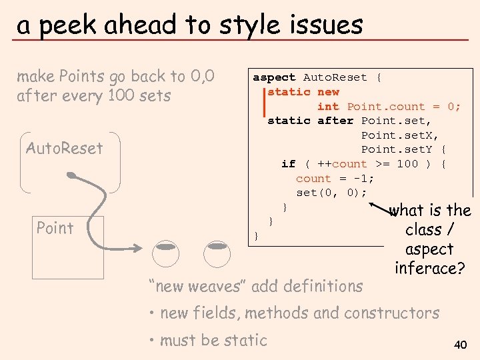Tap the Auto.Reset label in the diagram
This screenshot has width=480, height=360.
65,148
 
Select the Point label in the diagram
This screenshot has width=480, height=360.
55,228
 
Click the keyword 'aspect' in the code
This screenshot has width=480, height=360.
274,77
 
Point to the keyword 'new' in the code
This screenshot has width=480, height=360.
328,92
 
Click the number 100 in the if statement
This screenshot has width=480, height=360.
407,164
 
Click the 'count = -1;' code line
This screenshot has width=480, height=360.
335,179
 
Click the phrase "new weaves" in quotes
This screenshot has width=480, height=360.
197,286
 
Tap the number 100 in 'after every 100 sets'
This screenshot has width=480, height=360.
121,95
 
